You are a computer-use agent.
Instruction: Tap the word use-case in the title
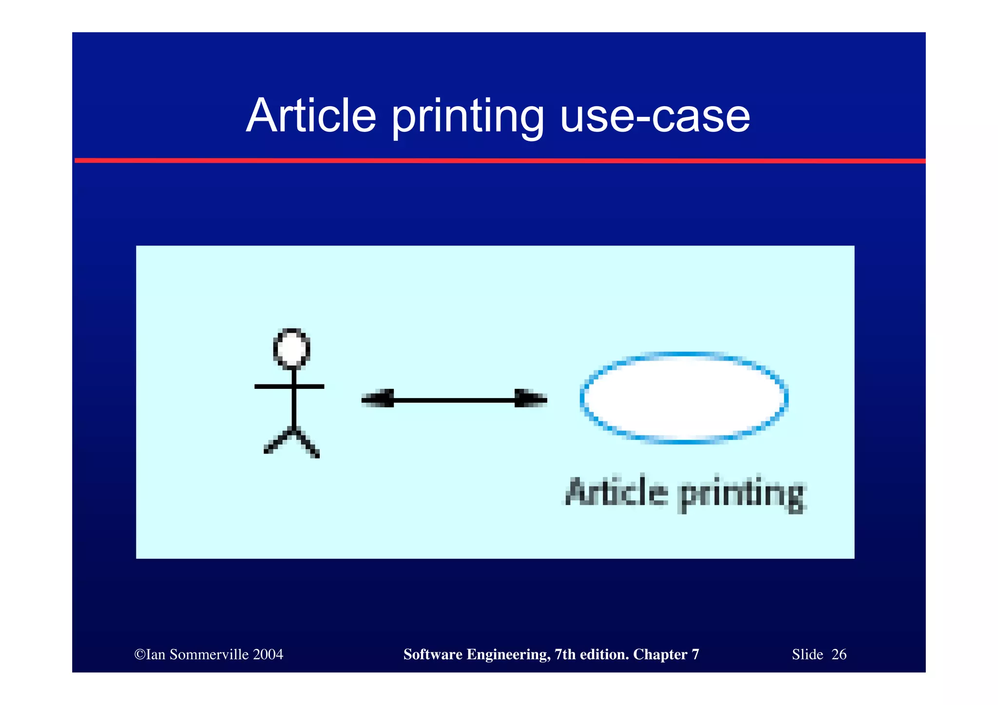click(x=655, y=116)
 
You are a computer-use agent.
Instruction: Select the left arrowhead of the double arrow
click(x=378, y=400)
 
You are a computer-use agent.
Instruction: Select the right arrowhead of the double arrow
click(x=531, y=400)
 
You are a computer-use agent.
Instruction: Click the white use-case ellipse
click(x=684, y=398)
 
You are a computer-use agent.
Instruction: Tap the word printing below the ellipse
click(x=741, y=495)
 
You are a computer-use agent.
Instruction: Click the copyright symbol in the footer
click(x=139, y=654)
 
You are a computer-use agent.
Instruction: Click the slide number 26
click(x=839, y=654)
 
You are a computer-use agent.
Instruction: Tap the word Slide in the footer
click(x=807, y=654)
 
